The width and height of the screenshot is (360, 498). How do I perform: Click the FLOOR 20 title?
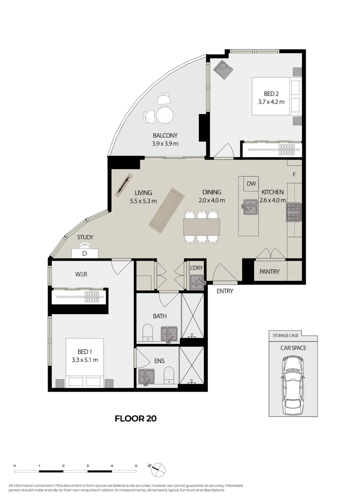(x=135, y=419)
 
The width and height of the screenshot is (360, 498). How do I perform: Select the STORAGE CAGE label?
(x=285, y=335)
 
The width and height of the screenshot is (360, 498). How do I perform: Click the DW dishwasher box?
(x=251, y=184)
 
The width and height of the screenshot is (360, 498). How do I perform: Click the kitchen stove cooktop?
(x=294, y=212)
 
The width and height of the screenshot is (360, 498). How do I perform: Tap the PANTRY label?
(x=270, y=272)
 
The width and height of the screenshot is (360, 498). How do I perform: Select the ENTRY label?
(x=225, y=291)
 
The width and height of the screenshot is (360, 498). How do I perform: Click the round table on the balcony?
(x=164, y=115)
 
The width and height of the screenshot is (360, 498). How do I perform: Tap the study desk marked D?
(x=85, y=254)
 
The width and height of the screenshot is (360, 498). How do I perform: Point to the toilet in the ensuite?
(x=169, y=376)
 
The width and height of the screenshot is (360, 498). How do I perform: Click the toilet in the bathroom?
(x=147, y=332)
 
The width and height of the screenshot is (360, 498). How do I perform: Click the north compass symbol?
(x=158, y=469)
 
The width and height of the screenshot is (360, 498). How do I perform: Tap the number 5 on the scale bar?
(x=136, y=466)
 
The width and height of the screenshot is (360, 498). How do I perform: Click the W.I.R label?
(x=81, y=274)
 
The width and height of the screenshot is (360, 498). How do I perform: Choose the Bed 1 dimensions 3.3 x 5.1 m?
(x=85, y=360)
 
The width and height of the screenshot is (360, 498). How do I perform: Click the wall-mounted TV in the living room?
(x=123, y=185)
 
